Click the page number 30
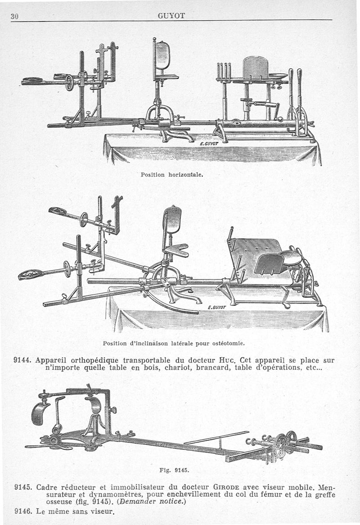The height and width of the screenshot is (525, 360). click(14, 16)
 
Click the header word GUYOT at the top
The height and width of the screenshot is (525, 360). click(171, 16)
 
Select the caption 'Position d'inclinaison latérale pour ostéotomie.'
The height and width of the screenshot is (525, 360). click(174, 343)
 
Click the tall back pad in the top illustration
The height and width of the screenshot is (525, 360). click(163, 56)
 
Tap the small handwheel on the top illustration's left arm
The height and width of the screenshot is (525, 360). click(69, 83)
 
